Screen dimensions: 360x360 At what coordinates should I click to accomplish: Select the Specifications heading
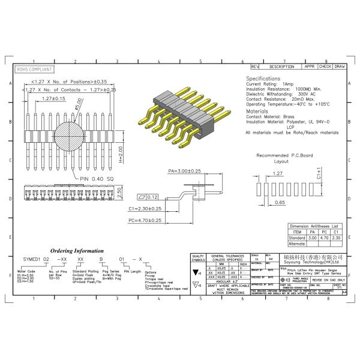[263, 79]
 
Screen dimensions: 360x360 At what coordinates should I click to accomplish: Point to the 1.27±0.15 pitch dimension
[54, 98]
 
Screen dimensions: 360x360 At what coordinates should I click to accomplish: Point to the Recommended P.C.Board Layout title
[281, 158]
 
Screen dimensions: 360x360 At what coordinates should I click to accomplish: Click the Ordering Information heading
[77, 250]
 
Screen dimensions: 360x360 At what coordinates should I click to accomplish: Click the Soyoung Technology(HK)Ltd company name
[311, 262]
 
